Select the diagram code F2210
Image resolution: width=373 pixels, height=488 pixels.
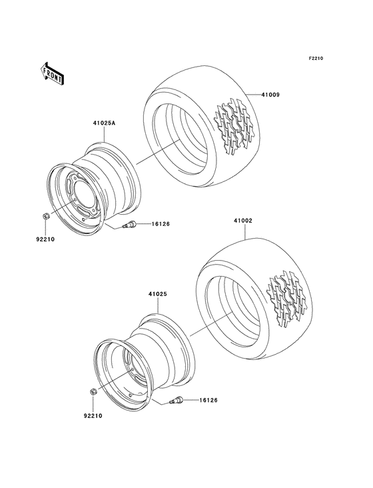[x=316, y=59]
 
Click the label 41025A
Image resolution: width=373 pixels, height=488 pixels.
[x=104, y=123]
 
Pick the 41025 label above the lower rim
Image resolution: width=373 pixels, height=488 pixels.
[x=157, y=294]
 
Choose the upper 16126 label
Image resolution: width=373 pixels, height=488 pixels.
[x=160, y=224]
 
